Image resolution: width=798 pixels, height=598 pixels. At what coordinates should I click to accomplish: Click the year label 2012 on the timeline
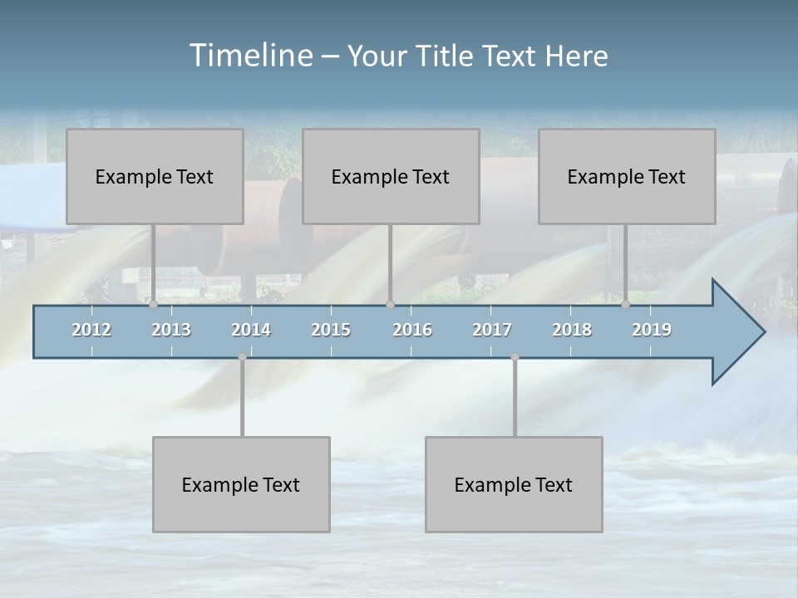(x=91, y=330)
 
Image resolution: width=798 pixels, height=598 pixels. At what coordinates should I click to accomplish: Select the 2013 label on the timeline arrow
(x=171, y=330)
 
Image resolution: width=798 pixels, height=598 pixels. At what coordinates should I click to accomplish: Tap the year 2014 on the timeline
(x=251, y=330)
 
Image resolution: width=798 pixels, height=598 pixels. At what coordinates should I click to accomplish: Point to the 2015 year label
(x=331, y=330)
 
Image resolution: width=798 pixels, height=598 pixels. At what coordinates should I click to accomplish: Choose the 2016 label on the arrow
(x=412, y=330)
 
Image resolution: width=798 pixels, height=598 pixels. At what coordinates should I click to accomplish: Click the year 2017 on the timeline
(x=492, y=330)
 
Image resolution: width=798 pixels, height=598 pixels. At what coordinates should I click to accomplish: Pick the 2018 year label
(x=572, y=330)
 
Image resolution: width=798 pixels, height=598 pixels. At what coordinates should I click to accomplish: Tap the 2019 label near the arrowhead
(x=652, y=330)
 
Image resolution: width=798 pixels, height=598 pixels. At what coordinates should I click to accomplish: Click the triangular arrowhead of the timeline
(x=736, y=332)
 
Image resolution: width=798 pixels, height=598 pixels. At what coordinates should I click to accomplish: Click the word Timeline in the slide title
(x=249, y=56)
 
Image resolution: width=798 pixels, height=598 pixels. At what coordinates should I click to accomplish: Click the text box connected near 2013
(x=155, y=176)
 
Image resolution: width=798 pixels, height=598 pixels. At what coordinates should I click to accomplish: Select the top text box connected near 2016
(x=391, y=176)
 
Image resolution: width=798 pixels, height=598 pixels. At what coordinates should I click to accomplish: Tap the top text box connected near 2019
(x=627, y=176)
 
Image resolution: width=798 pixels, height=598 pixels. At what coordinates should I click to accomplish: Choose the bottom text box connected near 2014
(x=241, y=484)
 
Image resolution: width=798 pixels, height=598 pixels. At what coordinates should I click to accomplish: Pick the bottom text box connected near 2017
(x=514, y=484)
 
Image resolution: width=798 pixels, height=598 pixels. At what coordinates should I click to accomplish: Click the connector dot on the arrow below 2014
(x=242, y=357)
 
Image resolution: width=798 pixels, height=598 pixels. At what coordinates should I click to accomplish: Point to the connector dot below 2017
(x=515, y=357)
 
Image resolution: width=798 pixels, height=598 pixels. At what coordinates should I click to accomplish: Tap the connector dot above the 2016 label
(x=390, y=305)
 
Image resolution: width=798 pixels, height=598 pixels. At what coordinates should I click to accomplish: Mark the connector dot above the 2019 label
(x=625, y=305)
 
